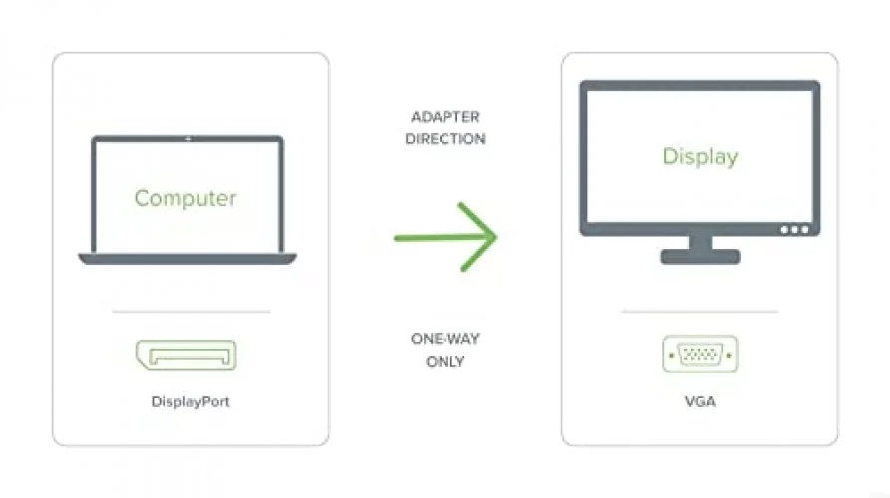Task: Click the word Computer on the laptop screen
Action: (185, 198)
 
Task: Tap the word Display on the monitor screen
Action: (700, 156)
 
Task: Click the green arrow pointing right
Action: (445, 237)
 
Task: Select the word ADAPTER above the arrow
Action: (445, 117)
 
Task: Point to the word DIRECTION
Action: (445, 139)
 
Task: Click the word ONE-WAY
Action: (445, 339)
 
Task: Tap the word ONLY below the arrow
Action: (445, 362)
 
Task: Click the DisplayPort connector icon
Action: (186, 355)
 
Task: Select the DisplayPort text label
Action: (190, 402)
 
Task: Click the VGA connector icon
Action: (700, 354)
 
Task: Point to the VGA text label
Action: (700, 402)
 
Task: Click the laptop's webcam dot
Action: (188, 139)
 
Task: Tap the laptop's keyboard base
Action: (187, 259)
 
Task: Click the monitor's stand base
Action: (700, 256)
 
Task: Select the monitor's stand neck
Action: (700, 242)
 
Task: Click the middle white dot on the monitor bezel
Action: (794, 230)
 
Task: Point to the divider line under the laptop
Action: (190, 311)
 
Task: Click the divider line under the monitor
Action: (700, 311)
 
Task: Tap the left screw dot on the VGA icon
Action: (672, 355)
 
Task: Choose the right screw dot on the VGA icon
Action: (729, 355)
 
